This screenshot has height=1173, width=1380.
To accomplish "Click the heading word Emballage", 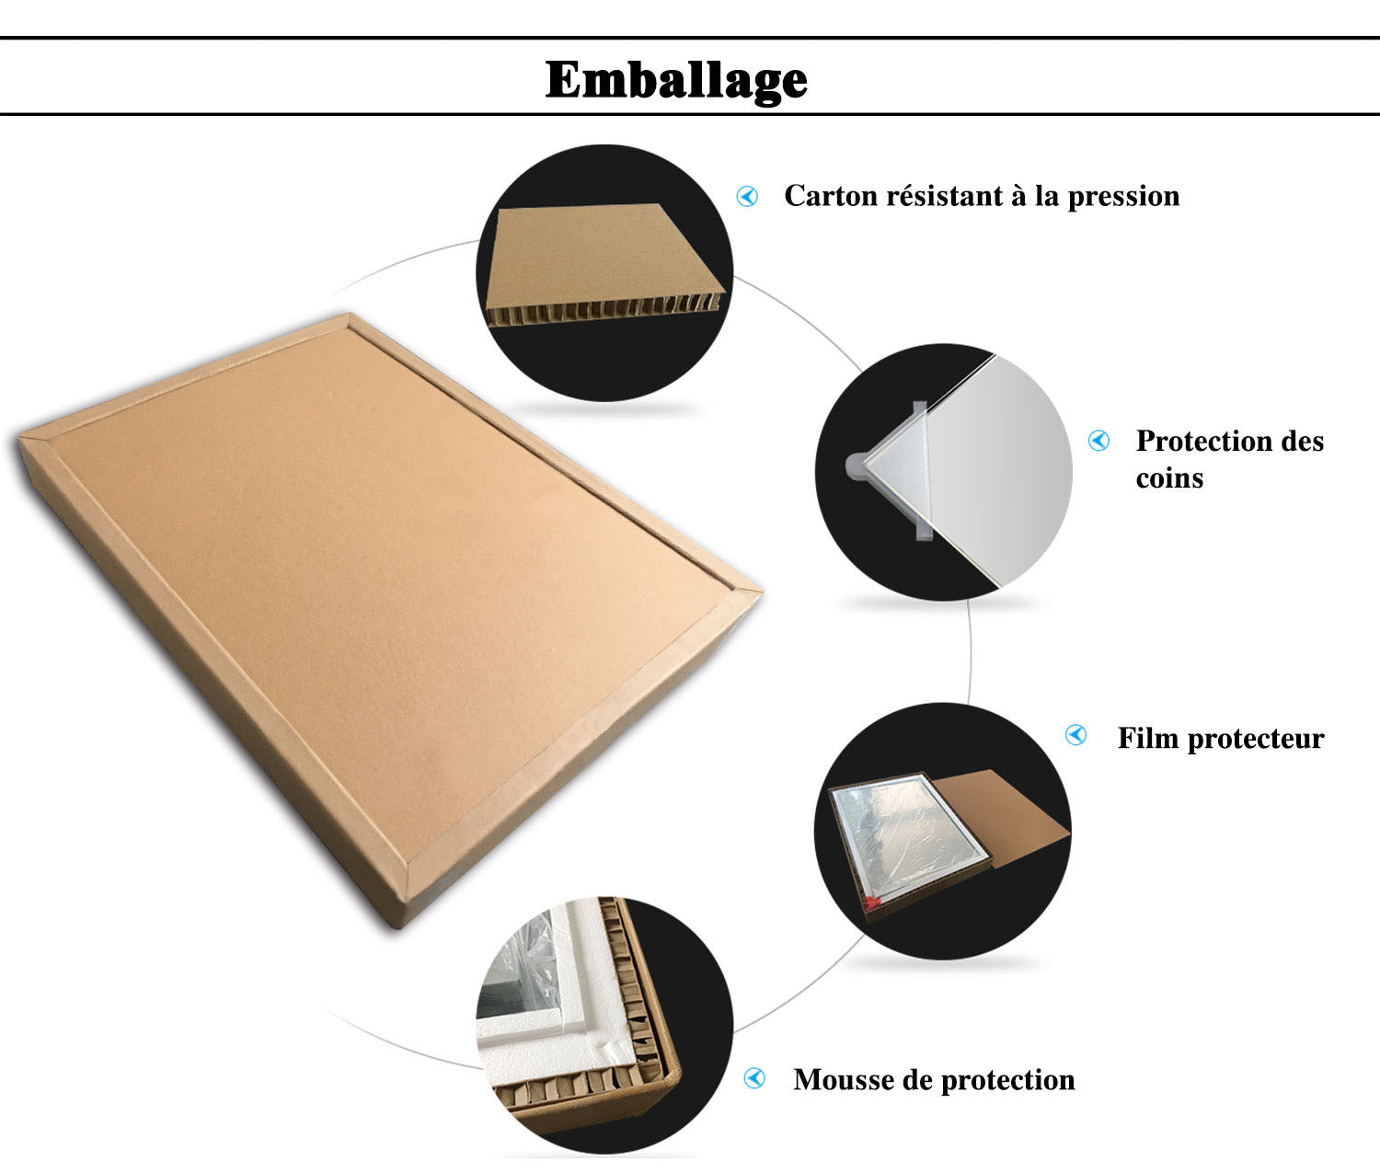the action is pyautogui.click(x=675, y=80).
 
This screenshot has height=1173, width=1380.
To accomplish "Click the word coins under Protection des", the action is pyautogui.click(x=1169, y=478).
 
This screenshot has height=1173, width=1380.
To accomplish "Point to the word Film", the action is pyautogui.click(x=1147, y=738).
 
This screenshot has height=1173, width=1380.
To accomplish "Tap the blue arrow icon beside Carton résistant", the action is pyautogui.click(x=747, y=196).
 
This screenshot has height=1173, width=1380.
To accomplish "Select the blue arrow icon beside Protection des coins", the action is pyautogui.click(x=1098, y=441).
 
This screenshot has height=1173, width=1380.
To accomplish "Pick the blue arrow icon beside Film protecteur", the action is pyautogui.click(x=1075, y=735).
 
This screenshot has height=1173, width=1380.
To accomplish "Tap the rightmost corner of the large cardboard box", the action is pyautogui.click(x=762, y=591).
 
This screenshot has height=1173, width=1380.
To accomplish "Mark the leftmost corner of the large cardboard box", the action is pyautogui.click(x=18, y=437).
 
